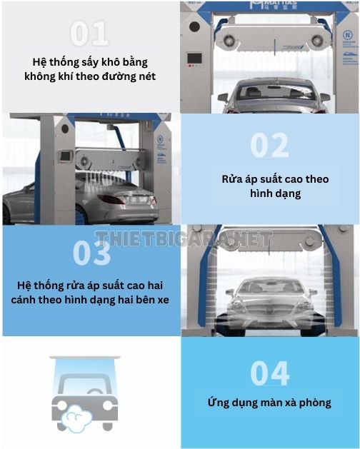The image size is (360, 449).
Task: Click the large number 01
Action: coord(89,34)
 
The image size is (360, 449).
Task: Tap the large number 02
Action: coord(269,145)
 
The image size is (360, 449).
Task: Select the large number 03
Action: coord(91,253)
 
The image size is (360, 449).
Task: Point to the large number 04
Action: coord(270,373)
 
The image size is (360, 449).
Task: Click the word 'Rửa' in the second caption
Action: coord(231,179)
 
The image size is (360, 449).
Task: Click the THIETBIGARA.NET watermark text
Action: coord(184,238)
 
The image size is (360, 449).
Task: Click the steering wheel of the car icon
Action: coord(94,392)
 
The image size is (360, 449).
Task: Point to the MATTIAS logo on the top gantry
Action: coord(273,4)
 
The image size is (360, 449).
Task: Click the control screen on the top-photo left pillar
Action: coord(194,58)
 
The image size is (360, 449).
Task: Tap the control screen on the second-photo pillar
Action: coord(65,156)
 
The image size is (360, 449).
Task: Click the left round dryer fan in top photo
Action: coord(229,41)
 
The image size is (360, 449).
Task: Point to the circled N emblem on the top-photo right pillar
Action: coord(348,36)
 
